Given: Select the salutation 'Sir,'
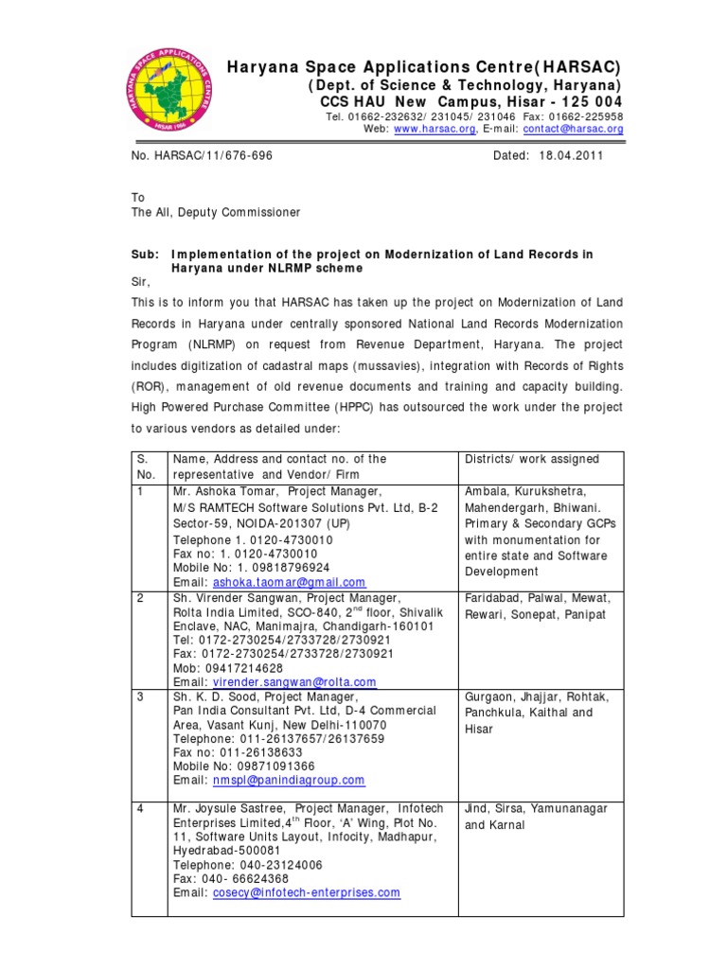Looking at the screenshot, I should point(140,282).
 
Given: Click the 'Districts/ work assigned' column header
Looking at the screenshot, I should point(531,459).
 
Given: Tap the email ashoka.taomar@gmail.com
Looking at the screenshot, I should point(290,583).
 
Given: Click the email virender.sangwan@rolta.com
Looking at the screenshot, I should point(294,681).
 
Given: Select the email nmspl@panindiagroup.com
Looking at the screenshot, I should point(289,780).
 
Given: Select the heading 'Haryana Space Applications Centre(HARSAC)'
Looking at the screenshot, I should point(424,67).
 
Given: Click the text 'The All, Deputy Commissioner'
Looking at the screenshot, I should point(216,213).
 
